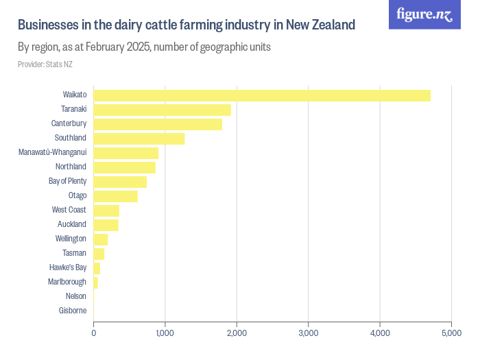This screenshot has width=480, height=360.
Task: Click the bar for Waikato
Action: (x=262, y=95)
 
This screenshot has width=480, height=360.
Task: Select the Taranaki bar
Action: (x=162, y=110)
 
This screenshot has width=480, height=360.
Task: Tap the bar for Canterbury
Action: (x=158, y=124)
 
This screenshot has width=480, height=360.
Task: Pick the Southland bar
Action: (x=139, y=139)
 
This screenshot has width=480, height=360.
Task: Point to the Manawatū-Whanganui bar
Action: (x=126, y=153)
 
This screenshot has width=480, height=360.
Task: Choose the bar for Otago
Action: (x=115, y=196)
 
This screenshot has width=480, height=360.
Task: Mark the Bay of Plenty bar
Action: (x=120, y=182)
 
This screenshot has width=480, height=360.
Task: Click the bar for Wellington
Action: (x=101, y=239)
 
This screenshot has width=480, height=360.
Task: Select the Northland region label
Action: (x=71, y=167)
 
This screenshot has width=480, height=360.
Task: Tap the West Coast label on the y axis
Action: (x=69, y=210)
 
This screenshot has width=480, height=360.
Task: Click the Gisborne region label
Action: (x=73, y=311)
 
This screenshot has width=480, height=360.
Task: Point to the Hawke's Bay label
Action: (x=68, y=267)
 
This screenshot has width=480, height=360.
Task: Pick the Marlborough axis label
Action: (x=67, y=282)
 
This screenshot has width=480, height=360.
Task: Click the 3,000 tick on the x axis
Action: (x=308, y=333)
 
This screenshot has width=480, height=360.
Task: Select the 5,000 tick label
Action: (x=451, y=333)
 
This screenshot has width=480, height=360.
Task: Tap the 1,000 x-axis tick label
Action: (x=165, y=333)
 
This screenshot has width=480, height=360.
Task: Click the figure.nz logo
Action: (x=424, y=14)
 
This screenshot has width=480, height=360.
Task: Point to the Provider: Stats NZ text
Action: (x=45, y=64)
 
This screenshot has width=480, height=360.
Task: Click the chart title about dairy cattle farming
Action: (x=186, y=25)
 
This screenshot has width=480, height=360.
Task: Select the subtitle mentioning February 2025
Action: (x=144, y=48)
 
